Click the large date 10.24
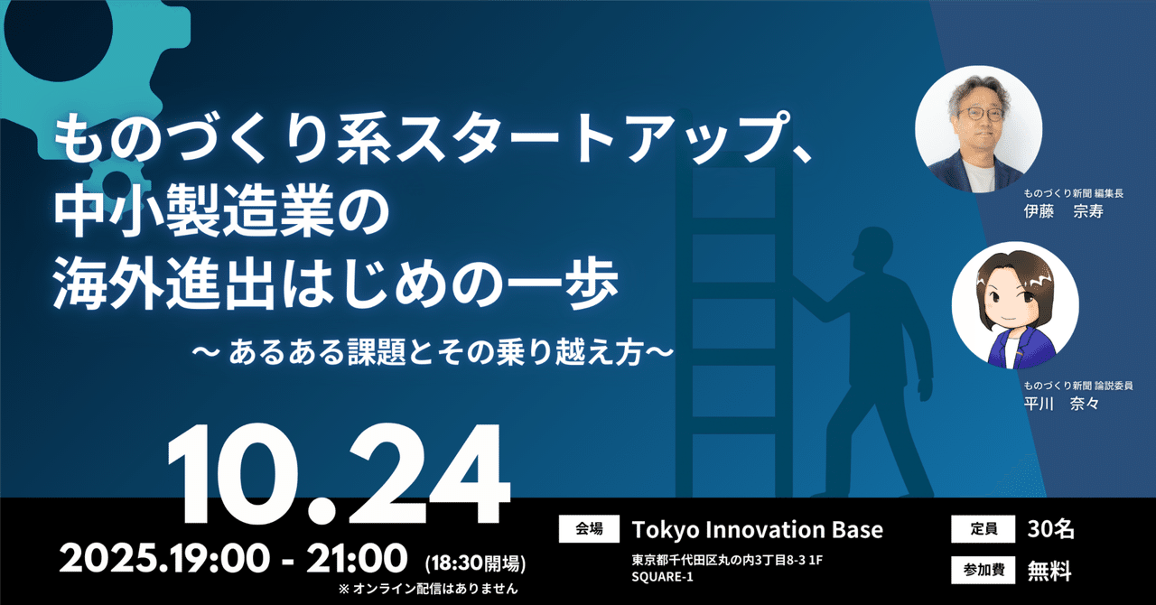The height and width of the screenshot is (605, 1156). click(331, 477)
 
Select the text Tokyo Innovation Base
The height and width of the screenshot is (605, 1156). click(757, 529)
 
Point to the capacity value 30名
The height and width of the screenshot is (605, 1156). click(1051, 529)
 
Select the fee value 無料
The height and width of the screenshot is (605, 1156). click(1051, 570)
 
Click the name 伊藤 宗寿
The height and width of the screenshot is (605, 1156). click(1063, 212)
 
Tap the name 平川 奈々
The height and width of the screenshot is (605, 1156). click(1061, 405)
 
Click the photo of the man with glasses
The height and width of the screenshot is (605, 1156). click(978, 127)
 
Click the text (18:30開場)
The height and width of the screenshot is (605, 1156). click(474, 564)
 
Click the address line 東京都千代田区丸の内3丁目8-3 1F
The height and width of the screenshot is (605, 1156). click(727, 560)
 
